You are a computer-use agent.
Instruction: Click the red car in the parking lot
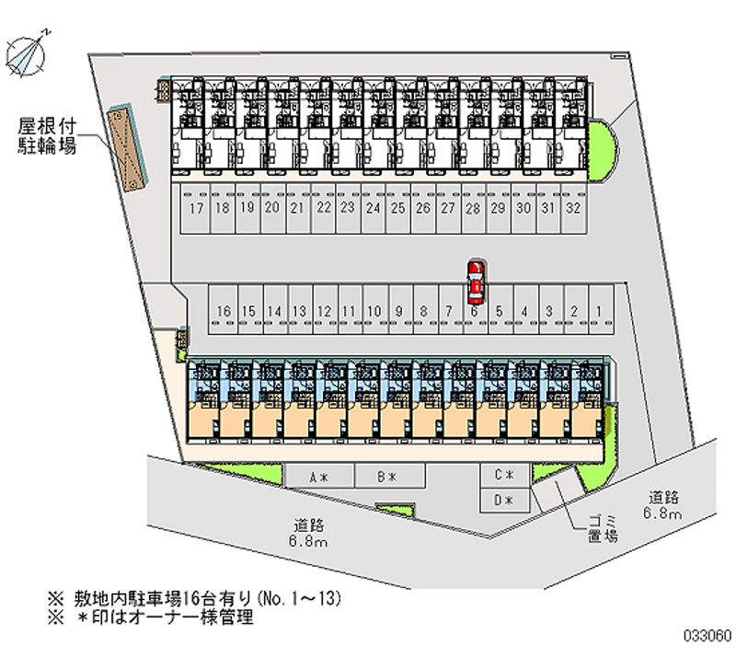[x=475, y=282]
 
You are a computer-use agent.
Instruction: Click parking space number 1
[x=598, y=312]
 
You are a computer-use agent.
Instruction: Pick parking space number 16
[x=224, y=312]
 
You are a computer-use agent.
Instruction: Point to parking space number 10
[x=374, y=312]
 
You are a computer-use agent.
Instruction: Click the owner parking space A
[x=318, y=477]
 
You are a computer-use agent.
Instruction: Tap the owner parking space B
[x=386, y=477]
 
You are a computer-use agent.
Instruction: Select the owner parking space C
[x=503, y=476]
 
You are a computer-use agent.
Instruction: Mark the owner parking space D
[x=503, y=501]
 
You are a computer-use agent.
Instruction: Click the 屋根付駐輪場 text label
[x=46, y=135]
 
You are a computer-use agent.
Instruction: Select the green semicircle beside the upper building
[x=603, y=151]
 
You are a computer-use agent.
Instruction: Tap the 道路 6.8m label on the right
[x=662, y=505]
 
